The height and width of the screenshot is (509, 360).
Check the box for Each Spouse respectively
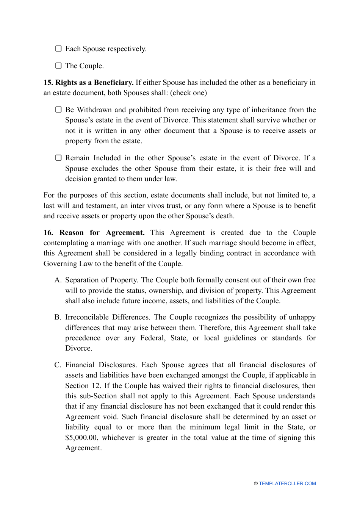[x=58, y=49]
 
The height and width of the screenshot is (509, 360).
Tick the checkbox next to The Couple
[x=58, y=66]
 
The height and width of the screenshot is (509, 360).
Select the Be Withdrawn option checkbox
[x=58, y=110]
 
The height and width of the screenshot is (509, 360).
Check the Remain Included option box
[x=58, y=158]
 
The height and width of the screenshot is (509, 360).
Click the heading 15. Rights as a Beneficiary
[x=88, y=83]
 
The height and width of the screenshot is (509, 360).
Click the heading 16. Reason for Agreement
[x=94, y=233]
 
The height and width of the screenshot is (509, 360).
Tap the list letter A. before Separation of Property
[x=58, y=280]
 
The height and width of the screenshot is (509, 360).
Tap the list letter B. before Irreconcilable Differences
[x=58, y=317]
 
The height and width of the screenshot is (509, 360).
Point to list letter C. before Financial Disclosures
[x=58, y=365]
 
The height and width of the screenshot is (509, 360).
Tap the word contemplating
[x=66, y=243]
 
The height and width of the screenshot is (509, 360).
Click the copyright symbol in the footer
[x=256, y=484]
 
